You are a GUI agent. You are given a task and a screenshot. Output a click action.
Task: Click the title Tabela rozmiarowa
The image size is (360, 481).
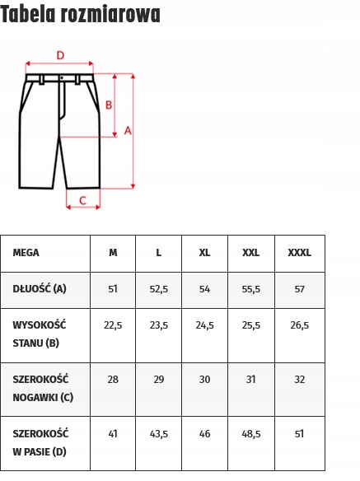tap(81, 14)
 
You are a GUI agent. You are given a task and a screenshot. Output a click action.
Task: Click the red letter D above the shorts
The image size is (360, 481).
tap(59, 55)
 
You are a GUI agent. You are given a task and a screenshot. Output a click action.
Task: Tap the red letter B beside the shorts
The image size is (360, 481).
tap(108, 105)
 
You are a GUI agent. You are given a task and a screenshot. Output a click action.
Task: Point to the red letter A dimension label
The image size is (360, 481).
tap(128, 130)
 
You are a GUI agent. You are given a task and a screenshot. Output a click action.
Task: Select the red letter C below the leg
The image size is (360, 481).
tap(82, 200)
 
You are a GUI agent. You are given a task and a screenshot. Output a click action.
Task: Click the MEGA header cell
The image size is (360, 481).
tap(26, 253)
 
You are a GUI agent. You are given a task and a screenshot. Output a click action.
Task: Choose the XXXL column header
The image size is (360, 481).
tap(299, 253)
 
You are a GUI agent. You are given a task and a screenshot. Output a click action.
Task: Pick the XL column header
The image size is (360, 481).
tap(204, 253)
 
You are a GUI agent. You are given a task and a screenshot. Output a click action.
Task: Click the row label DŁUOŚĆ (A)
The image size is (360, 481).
tap(39, 289)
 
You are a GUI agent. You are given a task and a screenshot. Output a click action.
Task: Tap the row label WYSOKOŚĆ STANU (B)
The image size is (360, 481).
tap(39, 334)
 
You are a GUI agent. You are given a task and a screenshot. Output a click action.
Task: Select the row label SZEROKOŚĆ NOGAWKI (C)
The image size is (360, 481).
tap(42, 388)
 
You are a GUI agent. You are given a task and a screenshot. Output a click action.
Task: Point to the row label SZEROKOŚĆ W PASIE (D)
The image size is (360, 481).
tap(40, 441)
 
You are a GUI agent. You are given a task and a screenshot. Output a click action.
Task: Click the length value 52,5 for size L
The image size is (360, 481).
tap(159, 289)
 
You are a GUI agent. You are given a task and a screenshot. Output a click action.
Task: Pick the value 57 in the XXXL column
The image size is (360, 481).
tap(299, 289)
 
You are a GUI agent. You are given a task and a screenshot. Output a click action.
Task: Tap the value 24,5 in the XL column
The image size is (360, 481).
tap(204, 325)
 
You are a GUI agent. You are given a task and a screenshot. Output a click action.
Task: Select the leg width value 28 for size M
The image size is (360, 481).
tap(113, 380)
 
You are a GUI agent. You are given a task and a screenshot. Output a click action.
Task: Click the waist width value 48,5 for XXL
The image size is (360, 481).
tap(251, 433)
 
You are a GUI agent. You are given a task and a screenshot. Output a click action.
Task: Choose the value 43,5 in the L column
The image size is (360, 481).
tap(159, 433)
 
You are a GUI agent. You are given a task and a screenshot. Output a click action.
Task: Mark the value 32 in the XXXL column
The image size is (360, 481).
tap(299, 380)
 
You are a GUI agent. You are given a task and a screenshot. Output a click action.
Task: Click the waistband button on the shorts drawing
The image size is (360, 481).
tap(61, 78)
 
